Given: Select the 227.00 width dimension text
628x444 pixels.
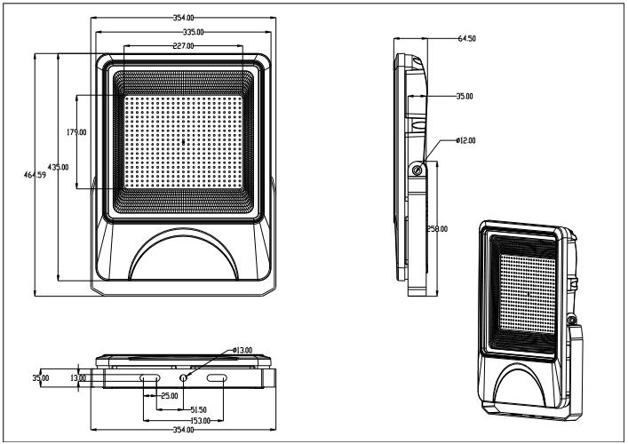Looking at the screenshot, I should [x=183, y=46].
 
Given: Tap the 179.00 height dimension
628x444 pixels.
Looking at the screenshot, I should [x=76, y=133].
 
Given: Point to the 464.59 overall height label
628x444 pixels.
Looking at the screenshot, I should [x=36, y=174].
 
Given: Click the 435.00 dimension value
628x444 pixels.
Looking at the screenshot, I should [x=59, y=167].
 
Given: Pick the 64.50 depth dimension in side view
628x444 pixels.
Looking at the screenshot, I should [x=467, y=38].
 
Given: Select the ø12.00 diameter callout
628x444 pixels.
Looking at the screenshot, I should [x=465, y=140].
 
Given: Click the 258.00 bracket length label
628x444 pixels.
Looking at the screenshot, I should [x=437, y=229].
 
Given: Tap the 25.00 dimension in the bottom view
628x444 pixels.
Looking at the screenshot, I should [x=168, y=395].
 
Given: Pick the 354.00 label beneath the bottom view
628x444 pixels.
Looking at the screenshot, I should [x=183, y=430].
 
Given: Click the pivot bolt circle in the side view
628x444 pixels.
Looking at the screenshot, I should [x=417, y=169].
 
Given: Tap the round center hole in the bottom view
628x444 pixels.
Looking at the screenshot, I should [x=183, y=378].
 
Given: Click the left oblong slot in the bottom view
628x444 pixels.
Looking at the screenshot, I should [x=149, y=378].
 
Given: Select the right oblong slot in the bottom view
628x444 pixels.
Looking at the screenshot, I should [x=217, y=378].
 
